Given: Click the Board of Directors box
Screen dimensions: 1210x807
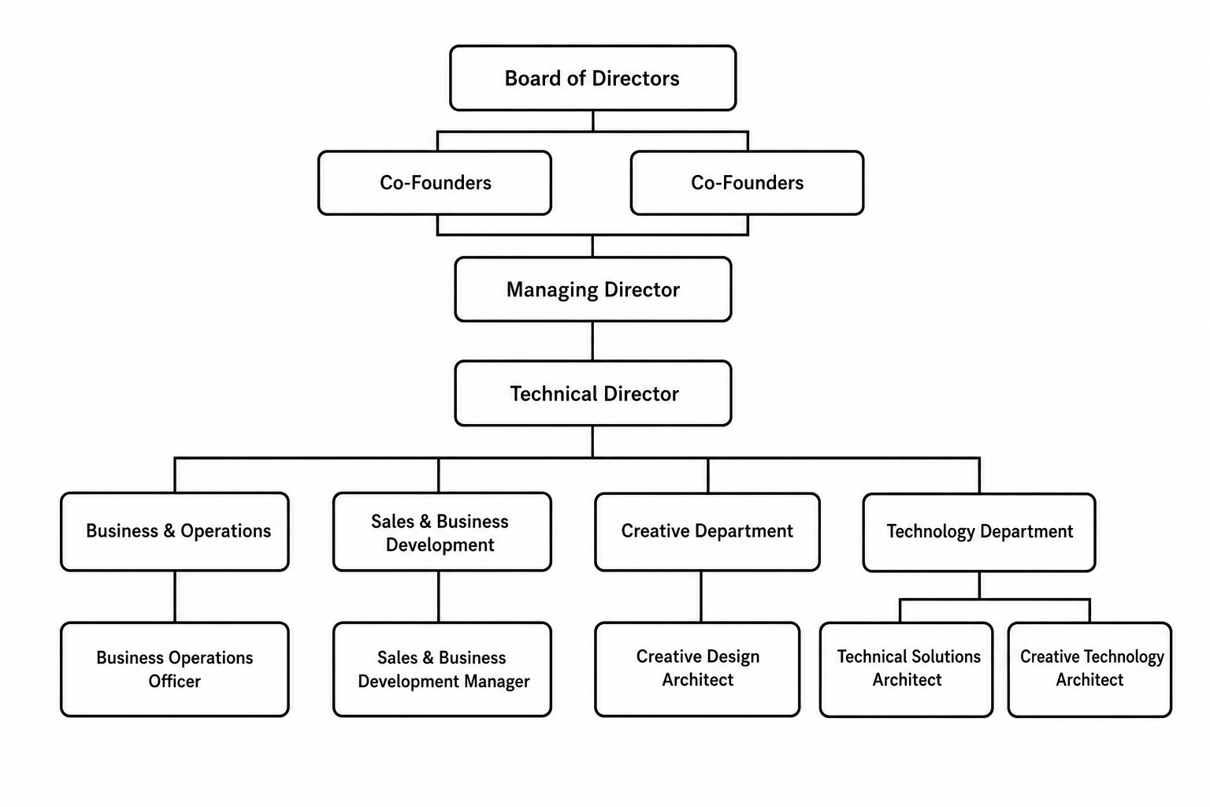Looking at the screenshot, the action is [x=592, y=78].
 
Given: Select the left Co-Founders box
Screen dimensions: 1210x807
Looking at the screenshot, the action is [x=435, y=183].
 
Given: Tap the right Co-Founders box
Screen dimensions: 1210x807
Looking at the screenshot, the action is [x=747, y=183].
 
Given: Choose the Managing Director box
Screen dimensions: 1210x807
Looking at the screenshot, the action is [x=593, y=289].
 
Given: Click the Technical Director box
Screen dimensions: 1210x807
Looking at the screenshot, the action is [x=593, y=393].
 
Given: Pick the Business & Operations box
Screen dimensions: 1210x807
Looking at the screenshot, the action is [x=174, y=531].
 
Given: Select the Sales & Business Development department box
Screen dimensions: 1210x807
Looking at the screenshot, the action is [x=442, y=531].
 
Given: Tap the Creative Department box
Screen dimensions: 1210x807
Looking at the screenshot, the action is [x=707, y=531].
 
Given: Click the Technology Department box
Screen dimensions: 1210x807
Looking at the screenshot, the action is [x=979, y=532].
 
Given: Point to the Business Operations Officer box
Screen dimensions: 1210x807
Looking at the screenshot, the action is [x=174, y=669].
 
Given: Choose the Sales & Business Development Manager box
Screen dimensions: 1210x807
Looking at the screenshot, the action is [x=442, y=669].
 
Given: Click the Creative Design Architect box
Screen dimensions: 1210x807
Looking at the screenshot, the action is [x=697, y=669].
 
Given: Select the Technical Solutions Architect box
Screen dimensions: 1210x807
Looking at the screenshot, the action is [x=906, y=670].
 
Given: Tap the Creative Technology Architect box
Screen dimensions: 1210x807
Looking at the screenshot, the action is [x=1089, y=670].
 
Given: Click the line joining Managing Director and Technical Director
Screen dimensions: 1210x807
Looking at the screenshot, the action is [x=592, y=341].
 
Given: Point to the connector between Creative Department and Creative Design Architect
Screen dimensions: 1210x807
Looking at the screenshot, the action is [x=701, y=597].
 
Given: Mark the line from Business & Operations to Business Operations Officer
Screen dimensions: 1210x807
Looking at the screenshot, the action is [x=174, y=597].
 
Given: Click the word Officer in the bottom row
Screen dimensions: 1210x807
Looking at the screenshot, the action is [x=174, y=681].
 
